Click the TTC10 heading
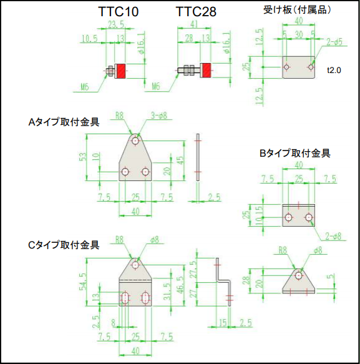[119, 12]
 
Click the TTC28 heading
[196, 12]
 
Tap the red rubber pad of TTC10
[121, 71]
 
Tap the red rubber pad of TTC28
[206, 70]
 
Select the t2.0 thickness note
[334, 70]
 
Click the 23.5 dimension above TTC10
[116, 24]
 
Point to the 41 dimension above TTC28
[194, 24]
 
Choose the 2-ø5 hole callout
[334, 42]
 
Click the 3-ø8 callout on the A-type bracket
[159, 116]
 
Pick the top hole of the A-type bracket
[135, 140]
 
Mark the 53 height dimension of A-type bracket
[84, 157]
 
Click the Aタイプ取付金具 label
[64, 122]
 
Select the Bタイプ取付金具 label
[295, 153]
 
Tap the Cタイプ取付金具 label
[64, 245]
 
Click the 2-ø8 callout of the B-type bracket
[333, 237]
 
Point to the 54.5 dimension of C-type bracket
[84, 282]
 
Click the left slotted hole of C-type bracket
[125, 298]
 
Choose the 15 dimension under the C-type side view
[223, 323]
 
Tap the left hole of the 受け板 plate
[287, 67]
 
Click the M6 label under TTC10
[85, 87]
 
